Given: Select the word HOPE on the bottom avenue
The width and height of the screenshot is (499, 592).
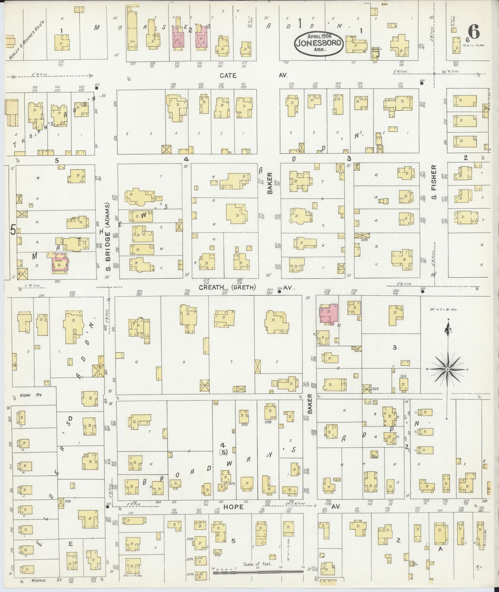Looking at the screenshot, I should tap(234, 507).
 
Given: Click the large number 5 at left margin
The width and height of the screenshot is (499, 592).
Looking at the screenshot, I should tap(13, 230).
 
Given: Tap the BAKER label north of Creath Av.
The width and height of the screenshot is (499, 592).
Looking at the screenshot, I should tap(270, 183).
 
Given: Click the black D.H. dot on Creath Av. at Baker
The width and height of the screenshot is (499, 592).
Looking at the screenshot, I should tap(279, 292).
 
